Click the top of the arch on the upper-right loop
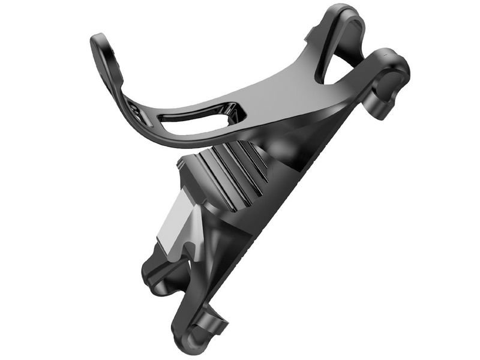(x=348, y=12)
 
